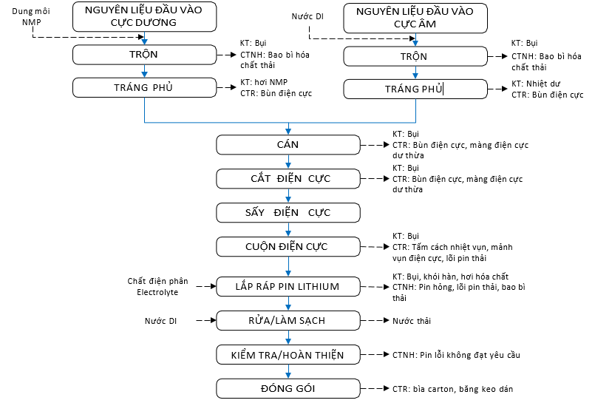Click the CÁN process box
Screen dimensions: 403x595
[288, 145]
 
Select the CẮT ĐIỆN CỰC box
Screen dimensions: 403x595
[288, 178]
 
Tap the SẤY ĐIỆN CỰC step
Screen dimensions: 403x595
[288, 212]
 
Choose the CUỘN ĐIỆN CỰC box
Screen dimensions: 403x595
[288, 246]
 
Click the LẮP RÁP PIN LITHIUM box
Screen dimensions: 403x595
[288, 286]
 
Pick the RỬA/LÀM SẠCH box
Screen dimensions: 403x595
[288, 320]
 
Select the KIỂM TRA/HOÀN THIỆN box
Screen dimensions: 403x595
[288, 355]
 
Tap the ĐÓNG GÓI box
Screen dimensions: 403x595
[288, 389]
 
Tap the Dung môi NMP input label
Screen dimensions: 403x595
[25, 17]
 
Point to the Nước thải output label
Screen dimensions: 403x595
[412, 321]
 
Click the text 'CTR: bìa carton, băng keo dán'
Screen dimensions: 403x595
[452, 389]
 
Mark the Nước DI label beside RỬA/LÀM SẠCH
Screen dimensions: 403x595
[160, 321]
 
